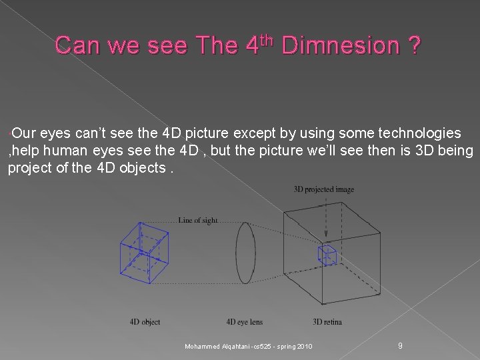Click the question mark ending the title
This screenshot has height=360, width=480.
(415, 46)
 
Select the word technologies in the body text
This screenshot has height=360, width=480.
(420, 133)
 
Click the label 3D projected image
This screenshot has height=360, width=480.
(324, 189)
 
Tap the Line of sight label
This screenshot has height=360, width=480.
(198, 220)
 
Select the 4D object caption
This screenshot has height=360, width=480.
(145, 322)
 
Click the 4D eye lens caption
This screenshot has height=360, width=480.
(245, 322)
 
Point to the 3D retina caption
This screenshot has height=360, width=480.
(327, 322)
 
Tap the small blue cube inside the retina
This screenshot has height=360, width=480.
(327, 255)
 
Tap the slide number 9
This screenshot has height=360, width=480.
(399, 345)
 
